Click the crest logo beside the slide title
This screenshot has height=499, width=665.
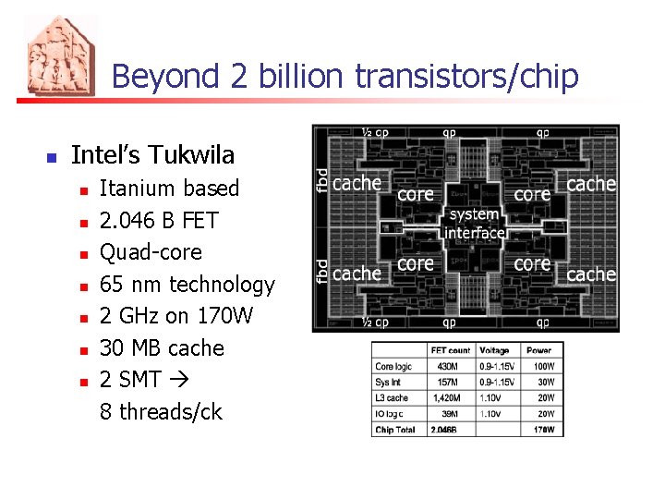tap(60, 56)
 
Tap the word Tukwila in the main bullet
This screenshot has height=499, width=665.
tap(193, 154)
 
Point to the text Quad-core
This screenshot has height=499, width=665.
tap(150, 252)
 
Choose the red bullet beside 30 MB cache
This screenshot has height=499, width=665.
tap(83, 349)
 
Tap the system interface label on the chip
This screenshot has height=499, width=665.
tap(475, 224)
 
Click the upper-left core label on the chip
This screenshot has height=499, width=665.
tap(415, 194)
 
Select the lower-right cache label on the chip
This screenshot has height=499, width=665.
tap(591, 274)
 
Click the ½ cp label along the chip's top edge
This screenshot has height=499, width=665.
tap(374, 132)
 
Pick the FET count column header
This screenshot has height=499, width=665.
tap(451, 350)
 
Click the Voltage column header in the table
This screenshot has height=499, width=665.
tap(495, 350)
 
